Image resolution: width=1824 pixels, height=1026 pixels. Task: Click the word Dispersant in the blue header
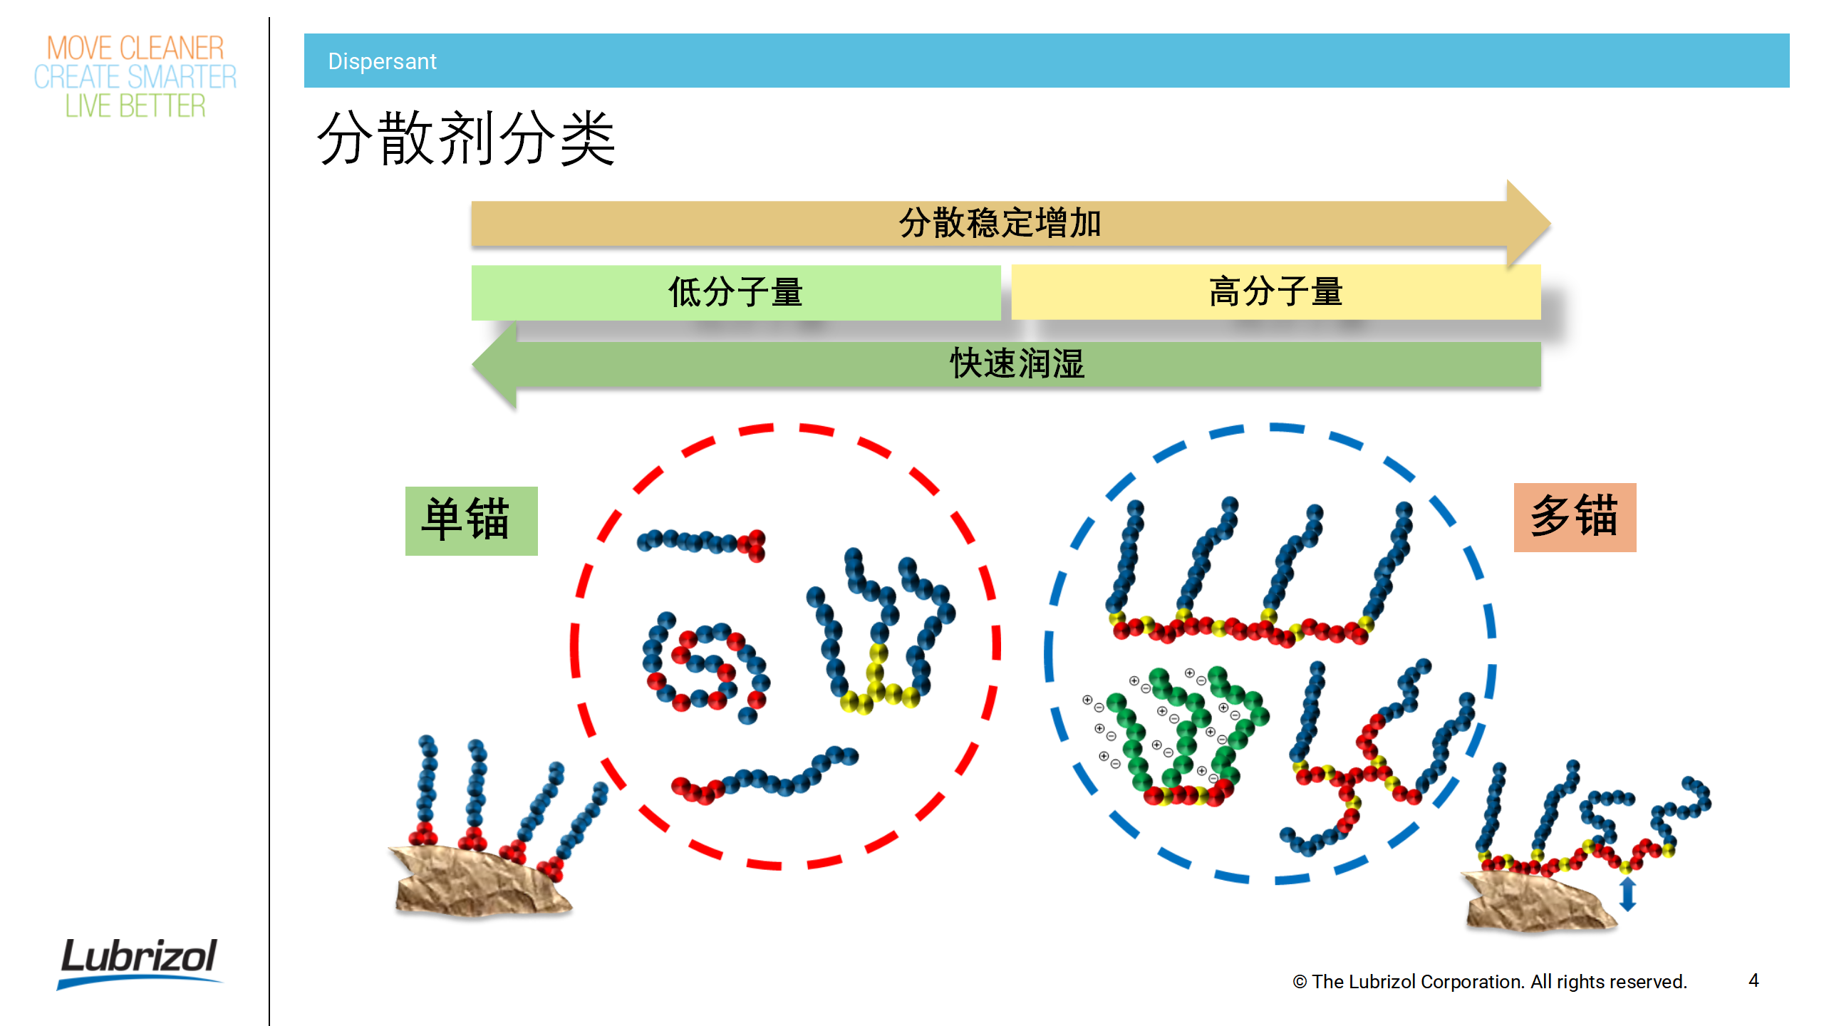click(382, 61)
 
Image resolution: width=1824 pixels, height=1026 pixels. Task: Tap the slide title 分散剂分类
click(466, 138)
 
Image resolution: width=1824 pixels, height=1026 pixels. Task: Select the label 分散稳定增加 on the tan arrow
click(1000, 223)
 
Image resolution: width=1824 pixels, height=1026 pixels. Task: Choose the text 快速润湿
click(1017, 364)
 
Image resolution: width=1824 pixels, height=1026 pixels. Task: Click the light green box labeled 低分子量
click(735, 292)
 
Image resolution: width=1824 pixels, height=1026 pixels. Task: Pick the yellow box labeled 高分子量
click(1275, 292)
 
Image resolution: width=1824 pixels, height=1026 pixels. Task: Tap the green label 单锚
click(471, 521)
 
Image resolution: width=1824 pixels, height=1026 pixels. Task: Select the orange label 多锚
click(1575, 517)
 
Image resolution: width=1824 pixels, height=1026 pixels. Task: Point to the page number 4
click(1753, 980)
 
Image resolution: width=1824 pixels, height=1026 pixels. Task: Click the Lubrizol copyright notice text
click(1489, 982)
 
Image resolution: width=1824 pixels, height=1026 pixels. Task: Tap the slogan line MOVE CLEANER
click(135, 48)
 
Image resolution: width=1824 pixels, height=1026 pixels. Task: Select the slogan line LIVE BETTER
click(135, 106)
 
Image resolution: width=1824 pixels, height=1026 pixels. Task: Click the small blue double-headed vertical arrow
click(1627, 894)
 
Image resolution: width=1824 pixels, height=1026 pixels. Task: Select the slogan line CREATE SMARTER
click(135, 77)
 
